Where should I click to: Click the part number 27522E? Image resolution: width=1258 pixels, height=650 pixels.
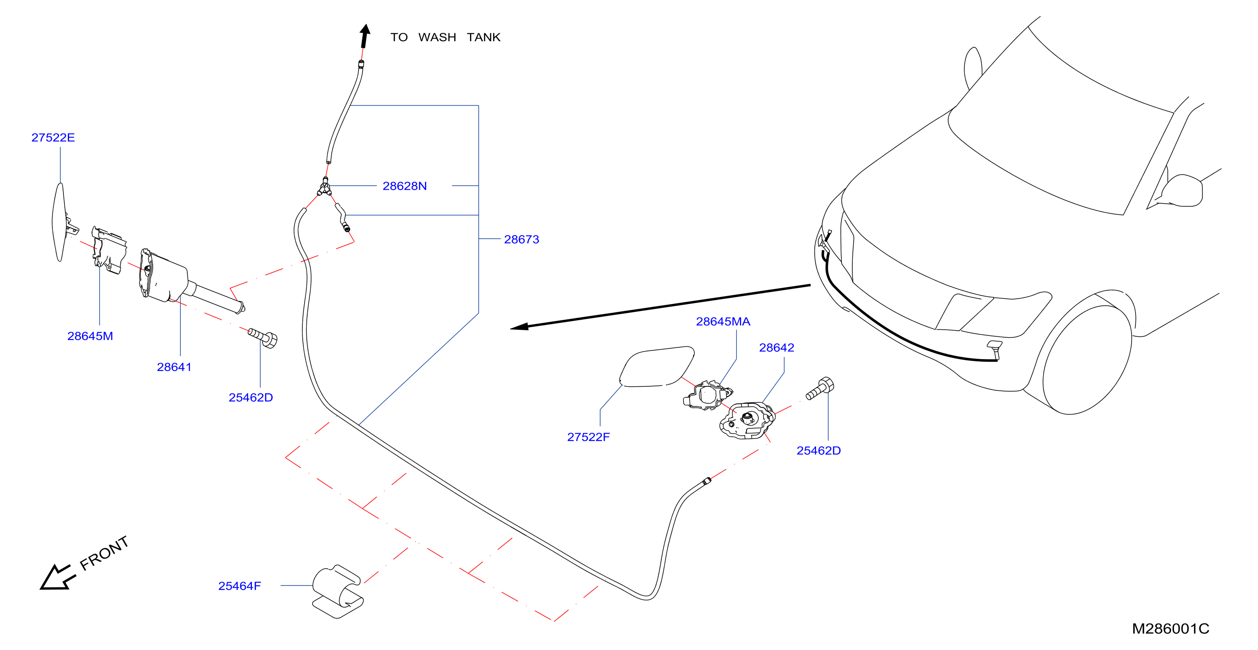coord(53,138)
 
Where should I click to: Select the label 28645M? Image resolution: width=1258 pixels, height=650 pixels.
coord(90,336)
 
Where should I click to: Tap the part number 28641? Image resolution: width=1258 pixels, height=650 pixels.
coord(174,367)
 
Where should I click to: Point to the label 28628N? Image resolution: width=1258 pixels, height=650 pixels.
coord(404,186)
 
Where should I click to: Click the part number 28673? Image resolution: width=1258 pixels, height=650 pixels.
coord(521,239)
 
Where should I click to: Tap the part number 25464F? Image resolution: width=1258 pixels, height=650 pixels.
coord(239,586)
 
